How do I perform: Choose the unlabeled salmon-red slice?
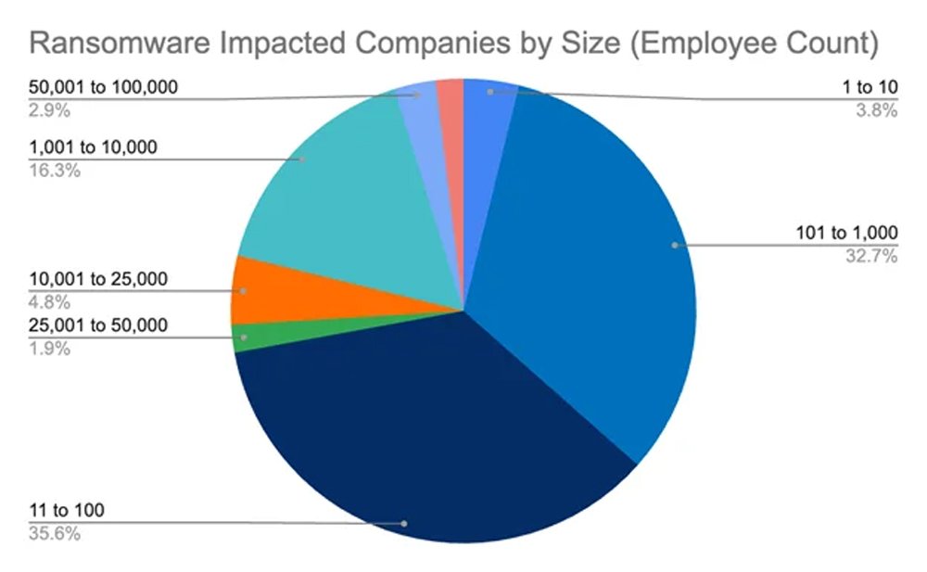pyautogui.click(x=451, y=93)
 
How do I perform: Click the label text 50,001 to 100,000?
pyautogui.click(x=104, y=88)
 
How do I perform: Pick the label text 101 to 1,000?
pyautogui.click(x=847, y=233)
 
